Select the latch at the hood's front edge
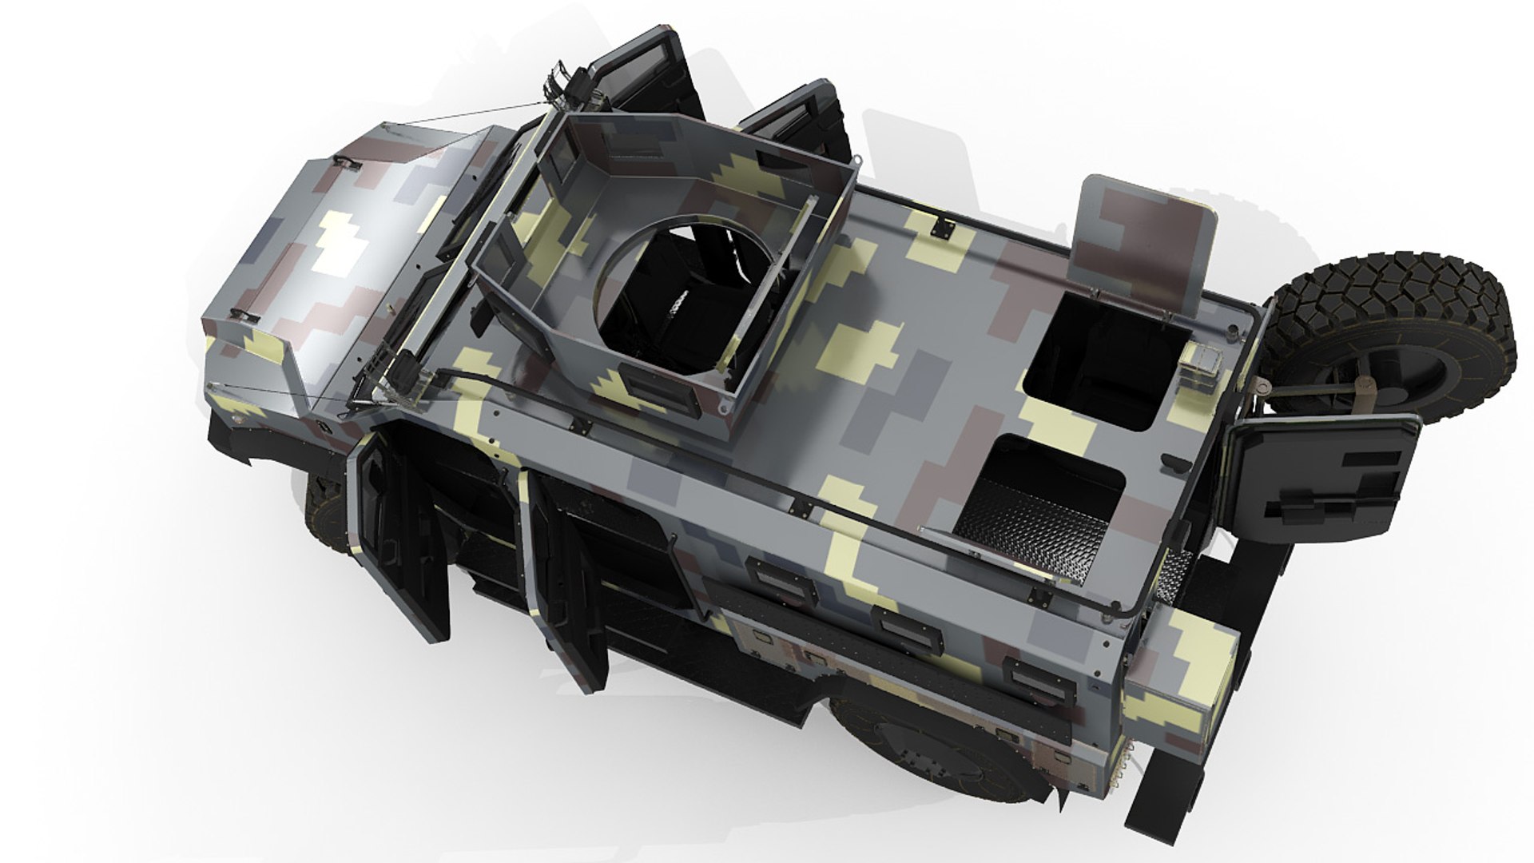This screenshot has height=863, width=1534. (347, 163)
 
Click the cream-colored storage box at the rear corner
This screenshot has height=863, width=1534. (1182, 671)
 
